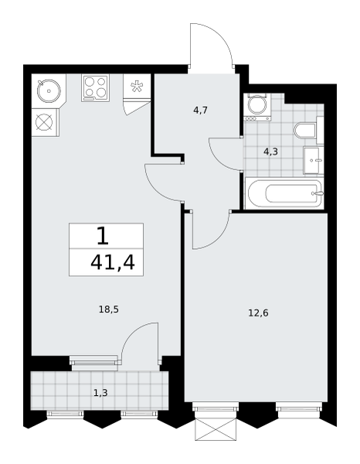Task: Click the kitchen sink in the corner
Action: coord(49,90)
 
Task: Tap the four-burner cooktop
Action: coord(95,88)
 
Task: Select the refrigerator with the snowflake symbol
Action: coord(137,87)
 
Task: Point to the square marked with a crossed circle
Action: coord(45,122)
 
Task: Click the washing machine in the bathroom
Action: coord(256,107)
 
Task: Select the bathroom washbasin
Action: coord(314,161)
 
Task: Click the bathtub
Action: coord(284,194)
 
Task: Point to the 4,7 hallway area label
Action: coord(200,111)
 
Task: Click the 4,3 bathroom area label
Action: coord(270,152)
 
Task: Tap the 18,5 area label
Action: coord(108,310)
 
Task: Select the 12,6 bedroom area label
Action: coord(258,312)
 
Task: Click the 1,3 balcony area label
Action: coord(100,393)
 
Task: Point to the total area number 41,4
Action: coord(113,262)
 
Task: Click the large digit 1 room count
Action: coord(103,236)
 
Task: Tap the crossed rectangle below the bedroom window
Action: coord(216,429)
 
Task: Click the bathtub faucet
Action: coord(318,193)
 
